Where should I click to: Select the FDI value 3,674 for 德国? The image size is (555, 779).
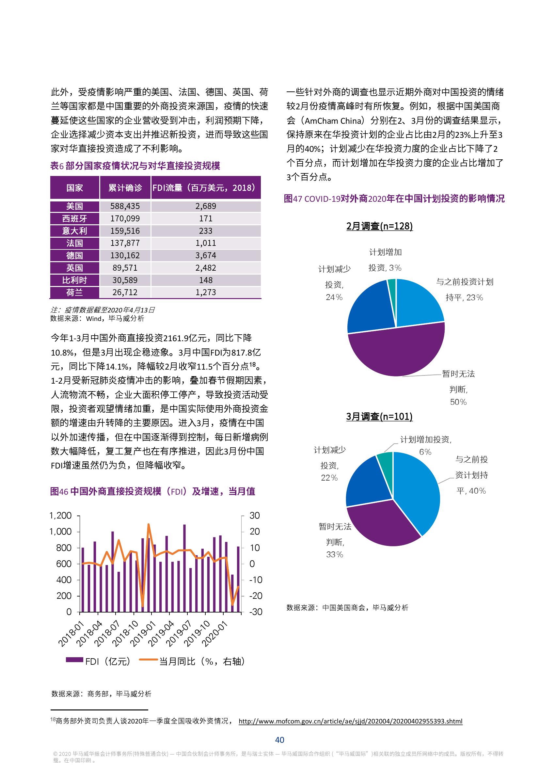pyautogui.click(x=206, y=255)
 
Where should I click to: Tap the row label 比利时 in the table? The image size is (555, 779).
pyautogui.click(x=74, y=280)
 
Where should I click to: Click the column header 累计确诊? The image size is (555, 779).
pyautogui.click(x=125, y=188)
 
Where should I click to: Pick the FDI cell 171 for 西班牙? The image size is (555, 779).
pyautogui.click(x=206, y=218)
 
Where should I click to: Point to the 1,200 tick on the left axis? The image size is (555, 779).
pyautogui.click(x=61, y=516)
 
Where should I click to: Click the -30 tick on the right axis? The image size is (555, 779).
pyautogui.click(x=256, y=612)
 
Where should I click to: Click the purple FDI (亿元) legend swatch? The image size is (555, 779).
pyautogui.click(x=74, y=661)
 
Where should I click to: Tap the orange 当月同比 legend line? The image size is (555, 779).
pyautogui.click(x=148, y=661)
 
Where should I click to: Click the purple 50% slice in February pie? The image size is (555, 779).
pyautogui.click(x=396, y=352)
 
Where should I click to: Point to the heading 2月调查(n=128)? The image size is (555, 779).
pyautogui.click(x=379, y=226)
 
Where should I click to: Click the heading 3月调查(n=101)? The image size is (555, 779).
pyautogui.click(x=379, y=417)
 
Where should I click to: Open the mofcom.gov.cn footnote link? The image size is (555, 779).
pyautogui.click(x=350, y=721)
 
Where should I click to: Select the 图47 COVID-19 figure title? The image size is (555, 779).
pyautogui.click(x=394, y=199)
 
